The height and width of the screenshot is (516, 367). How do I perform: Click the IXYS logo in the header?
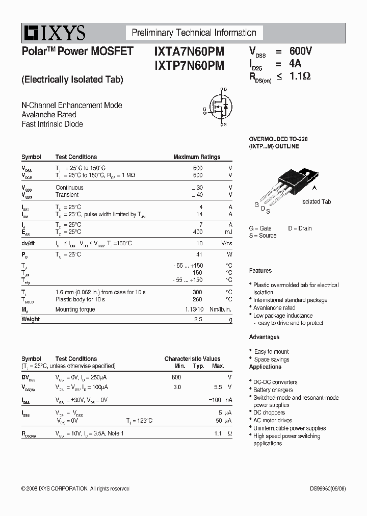54,33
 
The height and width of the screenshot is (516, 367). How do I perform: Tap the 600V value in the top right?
300,51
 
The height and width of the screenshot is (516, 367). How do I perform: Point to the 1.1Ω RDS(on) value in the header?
300,76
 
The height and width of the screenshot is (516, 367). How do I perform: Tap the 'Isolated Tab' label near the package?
316,202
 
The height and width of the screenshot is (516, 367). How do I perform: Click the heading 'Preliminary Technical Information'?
194,33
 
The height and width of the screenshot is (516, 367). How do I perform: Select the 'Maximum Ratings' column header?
197,157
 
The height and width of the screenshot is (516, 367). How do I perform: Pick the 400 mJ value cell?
197,232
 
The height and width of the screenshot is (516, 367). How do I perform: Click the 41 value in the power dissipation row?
199,254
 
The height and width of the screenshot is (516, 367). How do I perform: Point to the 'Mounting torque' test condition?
75,309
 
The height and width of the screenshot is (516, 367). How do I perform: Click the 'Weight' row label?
31,319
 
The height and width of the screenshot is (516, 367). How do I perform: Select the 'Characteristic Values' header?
192,359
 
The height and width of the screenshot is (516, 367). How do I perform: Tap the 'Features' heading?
260,271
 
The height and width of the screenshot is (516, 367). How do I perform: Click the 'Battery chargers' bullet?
273,390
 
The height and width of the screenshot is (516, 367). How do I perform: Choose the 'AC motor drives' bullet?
273,421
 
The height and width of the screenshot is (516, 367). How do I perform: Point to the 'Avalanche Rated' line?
49,115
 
